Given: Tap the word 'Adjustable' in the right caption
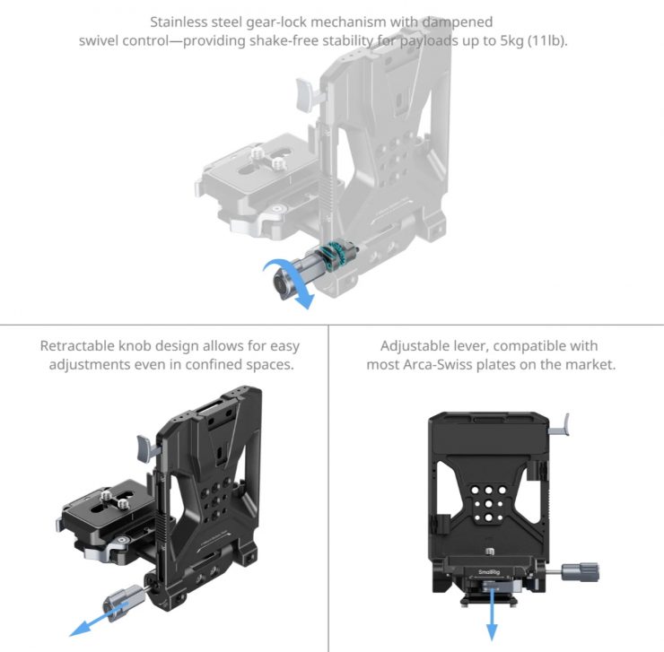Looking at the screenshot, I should coord(415,346).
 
